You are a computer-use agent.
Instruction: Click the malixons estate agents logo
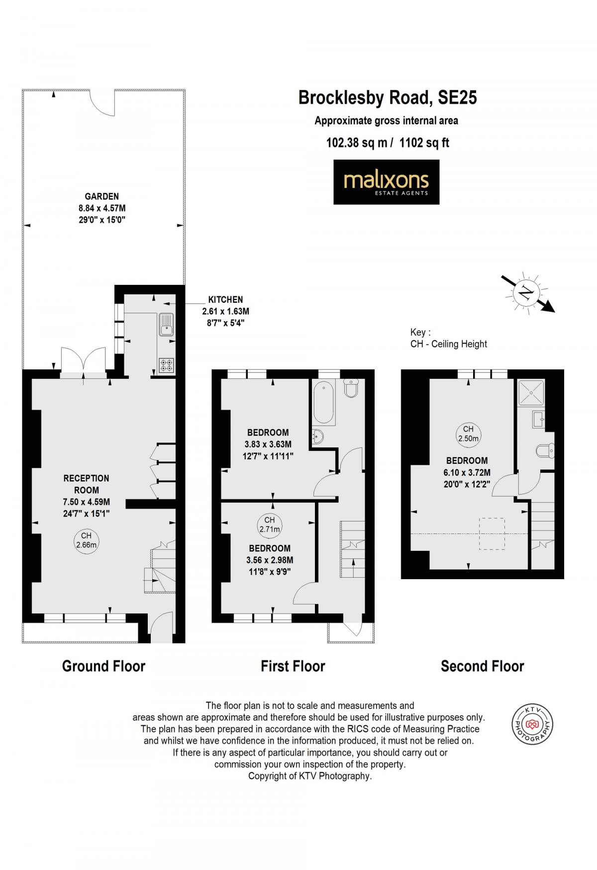pyautogui.click(x=386, y=182)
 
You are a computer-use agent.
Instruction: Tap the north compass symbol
pyautogui.click(x=525, y=293)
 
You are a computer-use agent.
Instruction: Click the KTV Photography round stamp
pyautogui.click(x=532, y=724)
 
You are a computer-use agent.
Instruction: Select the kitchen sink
pyautogui.click(x=166, y=324)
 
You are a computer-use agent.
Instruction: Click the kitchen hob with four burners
pyautogui.click(x=166, y=365)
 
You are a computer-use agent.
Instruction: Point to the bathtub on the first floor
pyautogui.click(x=324, y=402)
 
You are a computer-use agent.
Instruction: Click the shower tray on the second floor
pyautogui.click(x=531, y=392)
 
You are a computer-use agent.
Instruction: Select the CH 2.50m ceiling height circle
pyautogui.click(x=468, y=434)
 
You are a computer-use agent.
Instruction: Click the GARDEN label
pyautogui.click(x=101, y=196)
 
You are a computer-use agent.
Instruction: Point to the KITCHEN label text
pyautogui.click(x=225, y=300)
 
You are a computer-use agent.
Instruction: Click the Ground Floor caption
pyautogui.click(x=103, y=666)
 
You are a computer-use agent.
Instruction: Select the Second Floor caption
pyautogui.click(x=482, y=666)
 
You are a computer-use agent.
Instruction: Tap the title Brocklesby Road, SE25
pyautogui.click(x=387, y=97)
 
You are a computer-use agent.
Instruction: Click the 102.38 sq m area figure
pyautogui.click(x=356, y=143)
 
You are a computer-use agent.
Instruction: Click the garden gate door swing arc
pyautogui.click(x=102, y=104)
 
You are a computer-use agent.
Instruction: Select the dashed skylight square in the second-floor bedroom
pyautogui.click(x=492, y=533)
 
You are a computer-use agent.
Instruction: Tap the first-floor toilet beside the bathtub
pyautogui.click(x=351, y=388)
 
